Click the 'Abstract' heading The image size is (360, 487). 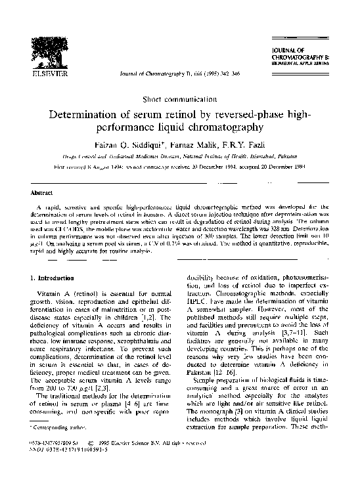click(x=41, y=194)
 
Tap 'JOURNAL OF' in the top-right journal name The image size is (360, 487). click(x=293, y=50)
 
